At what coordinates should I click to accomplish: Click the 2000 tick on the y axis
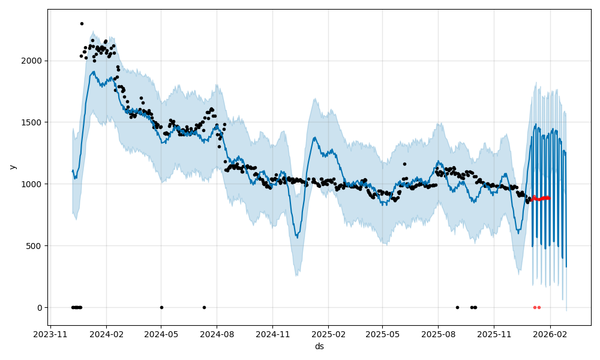point(32,61)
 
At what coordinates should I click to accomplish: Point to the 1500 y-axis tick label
point(32,122)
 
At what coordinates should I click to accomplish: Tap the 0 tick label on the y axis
point(40,308)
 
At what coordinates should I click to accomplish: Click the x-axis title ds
point(319,347)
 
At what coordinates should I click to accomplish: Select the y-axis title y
point(12,167)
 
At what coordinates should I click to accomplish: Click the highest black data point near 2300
point(82,23)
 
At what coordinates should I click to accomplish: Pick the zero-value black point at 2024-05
point(161,307)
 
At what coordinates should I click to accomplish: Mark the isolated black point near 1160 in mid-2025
point(404,164)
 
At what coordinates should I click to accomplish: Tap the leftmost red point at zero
point(535,307)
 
